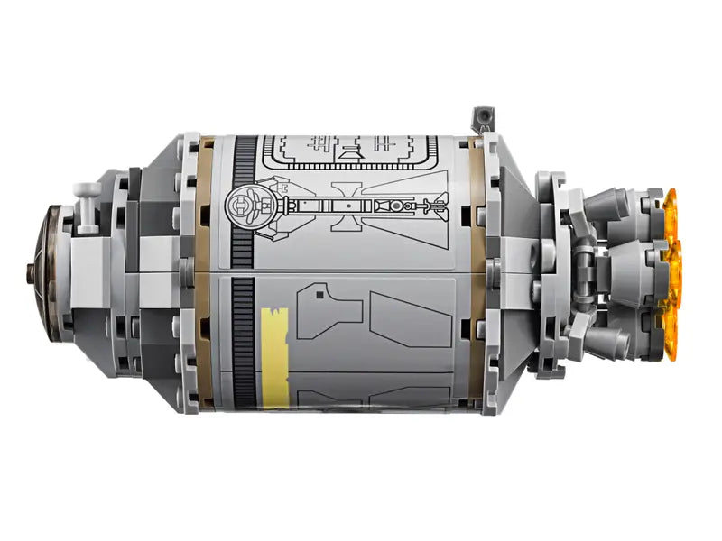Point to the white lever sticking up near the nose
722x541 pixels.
pos(88,200)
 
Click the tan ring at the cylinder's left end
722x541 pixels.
pos(209,270)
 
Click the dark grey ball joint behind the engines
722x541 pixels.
pos(587,271)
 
